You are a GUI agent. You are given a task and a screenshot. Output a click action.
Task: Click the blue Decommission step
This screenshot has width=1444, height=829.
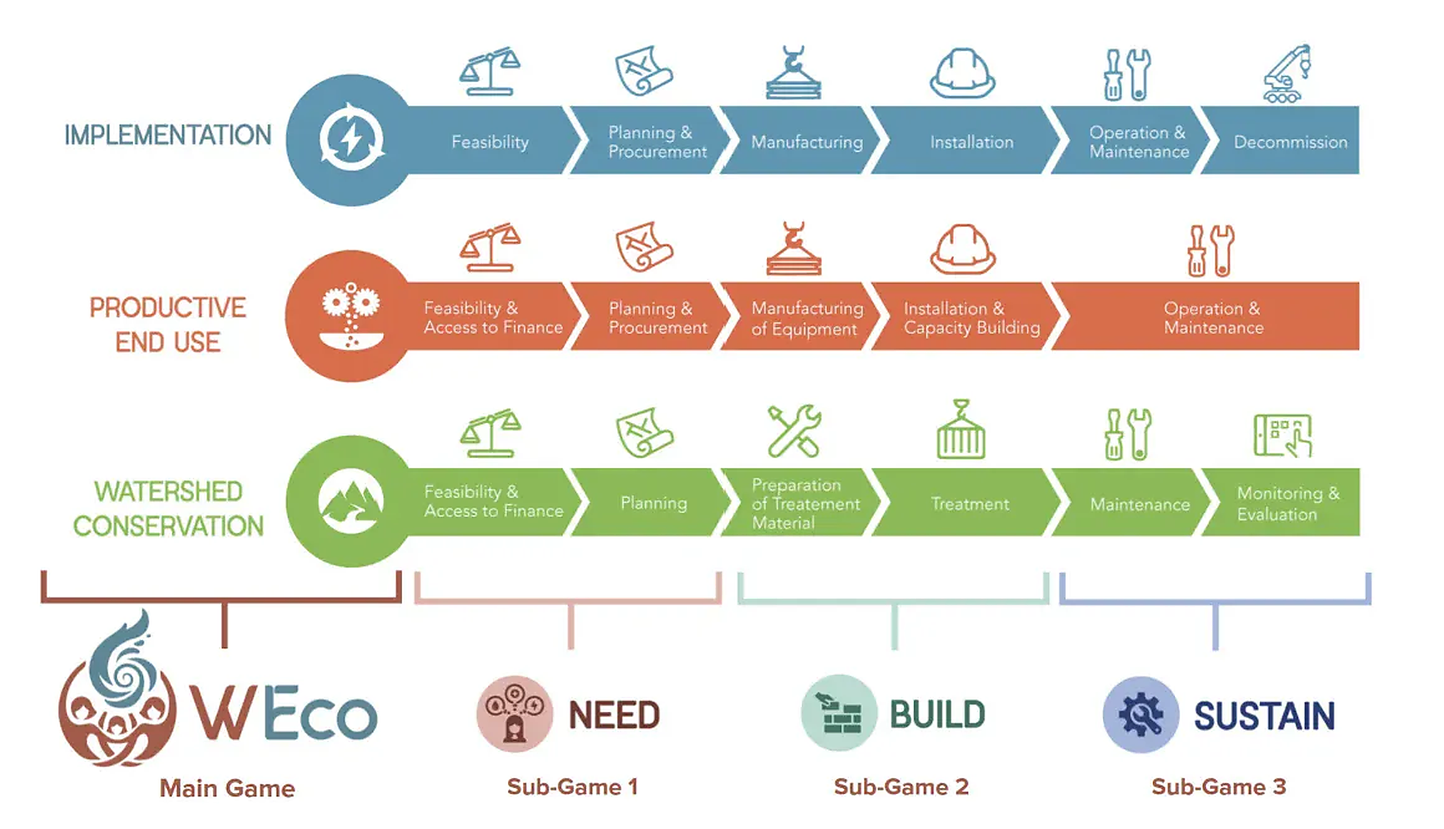[x=1288, y=141]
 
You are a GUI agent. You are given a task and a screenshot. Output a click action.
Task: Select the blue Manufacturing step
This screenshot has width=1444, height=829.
[x=806, y=141]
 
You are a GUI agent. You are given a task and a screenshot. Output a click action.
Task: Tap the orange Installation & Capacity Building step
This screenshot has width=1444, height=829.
[x=971, y=317]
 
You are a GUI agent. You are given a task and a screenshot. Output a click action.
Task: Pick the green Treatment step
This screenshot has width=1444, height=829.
[x=970, y=503]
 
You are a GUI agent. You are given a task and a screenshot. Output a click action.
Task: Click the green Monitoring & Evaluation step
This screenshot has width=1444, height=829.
[x=1287, y=503]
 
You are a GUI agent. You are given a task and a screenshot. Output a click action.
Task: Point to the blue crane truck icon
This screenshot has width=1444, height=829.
[x=1286, y=73]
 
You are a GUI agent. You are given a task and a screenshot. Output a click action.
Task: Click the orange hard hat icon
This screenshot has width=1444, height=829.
[x=962, y=249]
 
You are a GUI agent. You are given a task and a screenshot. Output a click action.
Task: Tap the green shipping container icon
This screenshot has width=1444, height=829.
[x=961, y=431]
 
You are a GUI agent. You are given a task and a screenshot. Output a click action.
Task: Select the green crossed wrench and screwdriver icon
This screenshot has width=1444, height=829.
[x=794, y=431]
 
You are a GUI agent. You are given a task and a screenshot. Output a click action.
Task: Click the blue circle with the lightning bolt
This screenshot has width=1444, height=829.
[x=352, y=139]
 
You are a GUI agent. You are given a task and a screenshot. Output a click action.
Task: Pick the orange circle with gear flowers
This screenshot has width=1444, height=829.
[x=352, y=316]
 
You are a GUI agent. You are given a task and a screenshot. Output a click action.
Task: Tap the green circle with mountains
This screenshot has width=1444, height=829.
[x=352, y=501]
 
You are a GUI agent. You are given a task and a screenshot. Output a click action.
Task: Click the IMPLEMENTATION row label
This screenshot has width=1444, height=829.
[x=168, y=135]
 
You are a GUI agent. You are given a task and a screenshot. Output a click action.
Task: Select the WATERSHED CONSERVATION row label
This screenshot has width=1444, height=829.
[x=168, y=508]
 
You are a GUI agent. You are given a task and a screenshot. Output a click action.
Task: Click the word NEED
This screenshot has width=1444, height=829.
[x=614, y=715]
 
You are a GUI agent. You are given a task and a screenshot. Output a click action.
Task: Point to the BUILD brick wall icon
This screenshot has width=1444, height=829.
[x=839, y=713]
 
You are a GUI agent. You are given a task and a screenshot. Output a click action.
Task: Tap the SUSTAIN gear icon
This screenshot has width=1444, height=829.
[x=1140, y=714]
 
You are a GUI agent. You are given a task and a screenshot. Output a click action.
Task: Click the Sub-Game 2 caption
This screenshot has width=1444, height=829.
[x=901, y=787]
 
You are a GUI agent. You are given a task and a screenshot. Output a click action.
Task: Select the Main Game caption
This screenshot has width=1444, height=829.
[x=227, y=788]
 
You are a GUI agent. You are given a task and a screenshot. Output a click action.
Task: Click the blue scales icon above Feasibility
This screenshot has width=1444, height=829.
[x=490, y=72]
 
